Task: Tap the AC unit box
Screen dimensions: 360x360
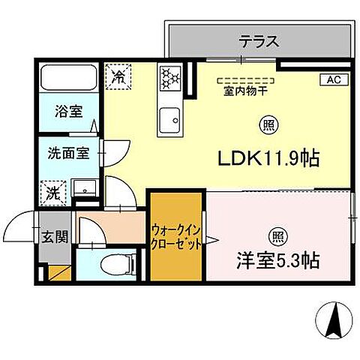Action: click(x=333, y=79)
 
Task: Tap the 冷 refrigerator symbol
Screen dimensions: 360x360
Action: click(x=118, y=75)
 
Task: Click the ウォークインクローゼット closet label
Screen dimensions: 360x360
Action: click(x=175, y=238)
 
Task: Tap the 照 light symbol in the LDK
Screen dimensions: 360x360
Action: click(x=268, y=124)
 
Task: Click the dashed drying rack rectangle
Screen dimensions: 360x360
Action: click(x=246, y=78)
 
